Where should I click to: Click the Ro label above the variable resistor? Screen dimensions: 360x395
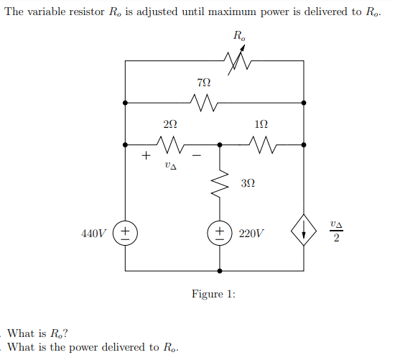238,36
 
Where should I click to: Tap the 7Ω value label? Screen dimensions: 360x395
205,86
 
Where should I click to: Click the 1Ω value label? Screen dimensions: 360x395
262,125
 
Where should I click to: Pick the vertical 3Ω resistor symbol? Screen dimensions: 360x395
220,186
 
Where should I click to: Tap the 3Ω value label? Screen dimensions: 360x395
246,185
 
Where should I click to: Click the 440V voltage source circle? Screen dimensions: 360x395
125,233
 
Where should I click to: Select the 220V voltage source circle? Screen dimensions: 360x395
220,233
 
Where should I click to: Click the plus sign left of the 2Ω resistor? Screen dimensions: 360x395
146,154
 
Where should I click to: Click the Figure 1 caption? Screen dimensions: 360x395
213,294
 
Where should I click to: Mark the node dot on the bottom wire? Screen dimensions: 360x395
220,271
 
